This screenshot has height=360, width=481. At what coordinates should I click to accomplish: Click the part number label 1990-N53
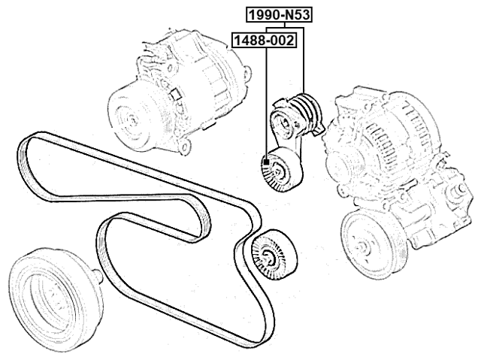click(x=276, y=13)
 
